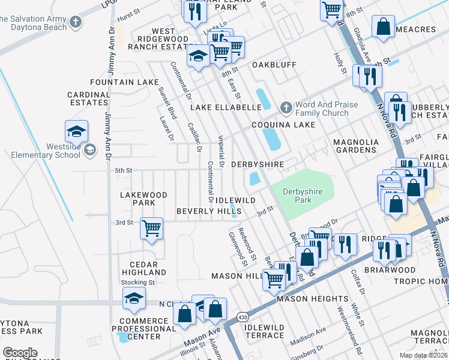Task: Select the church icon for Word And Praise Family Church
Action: [x=286, y=108]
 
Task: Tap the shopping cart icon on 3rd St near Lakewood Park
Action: [x=152, y=228]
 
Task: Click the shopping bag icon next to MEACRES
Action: [x=383, y=26]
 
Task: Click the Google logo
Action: [x=20, y=352]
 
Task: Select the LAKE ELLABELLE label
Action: [x=226, y=107]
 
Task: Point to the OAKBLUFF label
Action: [x=274, y=64]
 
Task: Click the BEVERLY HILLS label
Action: [x=208, y=211]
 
